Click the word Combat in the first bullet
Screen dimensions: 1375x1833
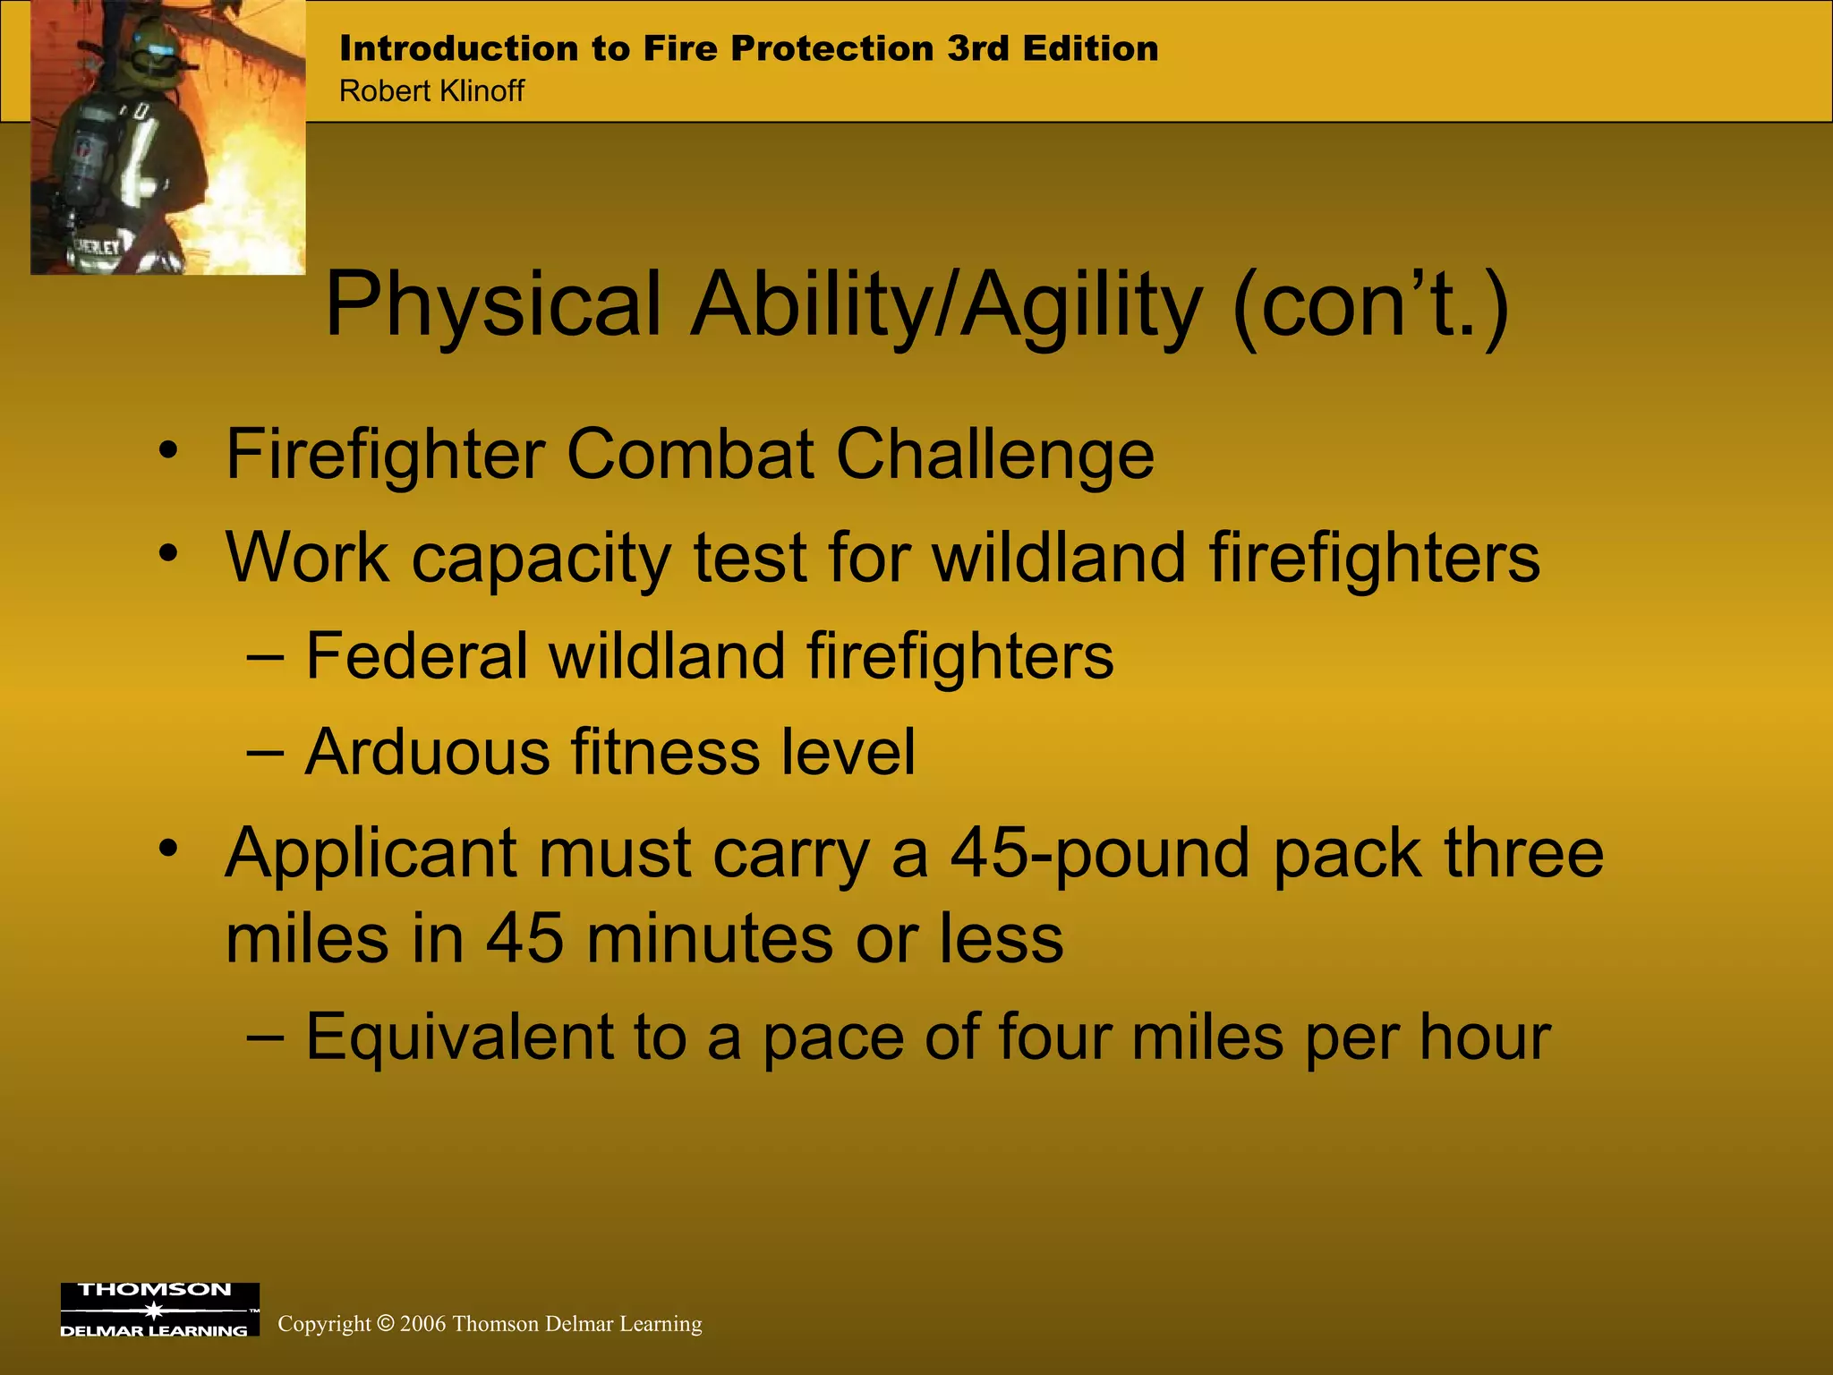click(x=690, y=455)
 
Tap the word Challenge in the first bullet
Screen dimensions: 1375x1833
click(x=994, y=455)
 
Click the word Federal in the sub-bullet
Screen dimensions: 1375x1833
click(x=416, y=656)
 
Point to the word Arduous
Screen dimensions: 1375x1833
click(x=427, y=752)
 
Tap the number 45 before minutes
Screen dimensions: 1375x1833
click(x=524, y=940)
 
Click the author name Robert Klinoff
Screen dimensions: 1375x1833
click(x=431, y=91)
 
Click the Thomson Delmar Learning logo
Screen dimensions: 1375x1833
click(x=159, y=1309)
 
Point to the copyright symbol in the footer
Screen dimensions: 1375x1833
click(x=385, y=1324)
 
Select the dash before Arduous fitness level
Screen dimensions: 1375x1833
click(x=265, y=752)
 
